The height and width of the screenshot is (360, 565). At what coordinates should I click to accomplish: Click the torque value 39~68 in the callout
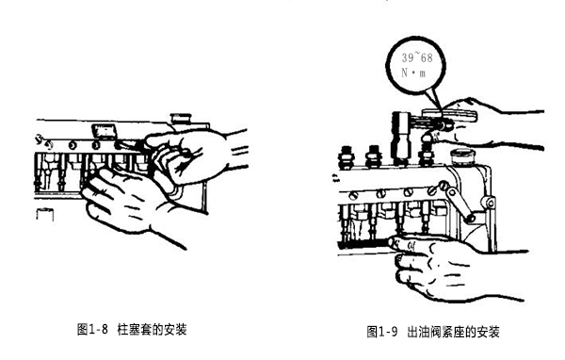[417, 57]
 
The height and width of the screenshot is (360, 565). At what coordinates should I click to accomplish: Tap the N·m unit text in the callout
[413, 73]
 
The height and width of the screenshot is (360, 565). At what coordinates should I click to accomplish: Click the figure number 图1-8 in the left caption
[92, 329]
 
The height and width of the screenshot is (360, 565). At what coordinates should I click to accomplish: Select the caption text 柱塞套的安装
[152, 329]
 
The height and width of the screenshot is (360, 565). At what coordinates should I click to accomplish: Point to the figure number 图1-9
[381, 332]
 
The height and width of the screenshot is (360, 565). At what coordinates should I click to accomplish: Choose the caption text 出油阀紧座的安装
[453, 332]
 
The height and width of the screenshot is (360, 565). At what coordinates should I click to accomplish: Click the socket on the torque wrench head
[401, 138]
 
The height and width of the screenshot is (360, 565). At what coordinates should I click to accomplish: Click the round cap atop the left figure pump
[181, 119]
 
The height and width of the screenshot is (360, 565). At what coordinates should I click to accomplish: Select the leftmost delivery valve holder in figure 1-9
[347, 157]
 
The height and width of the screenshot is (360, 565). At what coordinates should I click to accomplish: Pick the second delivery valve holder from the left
[373, 156]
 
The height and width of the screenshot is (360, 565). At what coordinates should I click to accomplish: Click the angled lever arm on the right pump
[456, 202]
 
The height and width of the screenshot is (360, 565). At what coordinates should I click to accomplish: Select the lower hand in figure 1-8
[134, 202]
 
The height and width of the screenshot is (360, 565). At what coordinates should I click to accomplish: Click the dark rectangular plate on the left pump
[105, 131]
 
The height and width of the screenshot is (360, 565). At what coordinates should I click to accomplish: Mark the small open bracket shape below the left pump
[45, 214]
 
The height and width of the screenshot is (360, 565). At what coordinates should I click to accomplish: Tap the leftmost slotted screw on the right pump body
[354, 195]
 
